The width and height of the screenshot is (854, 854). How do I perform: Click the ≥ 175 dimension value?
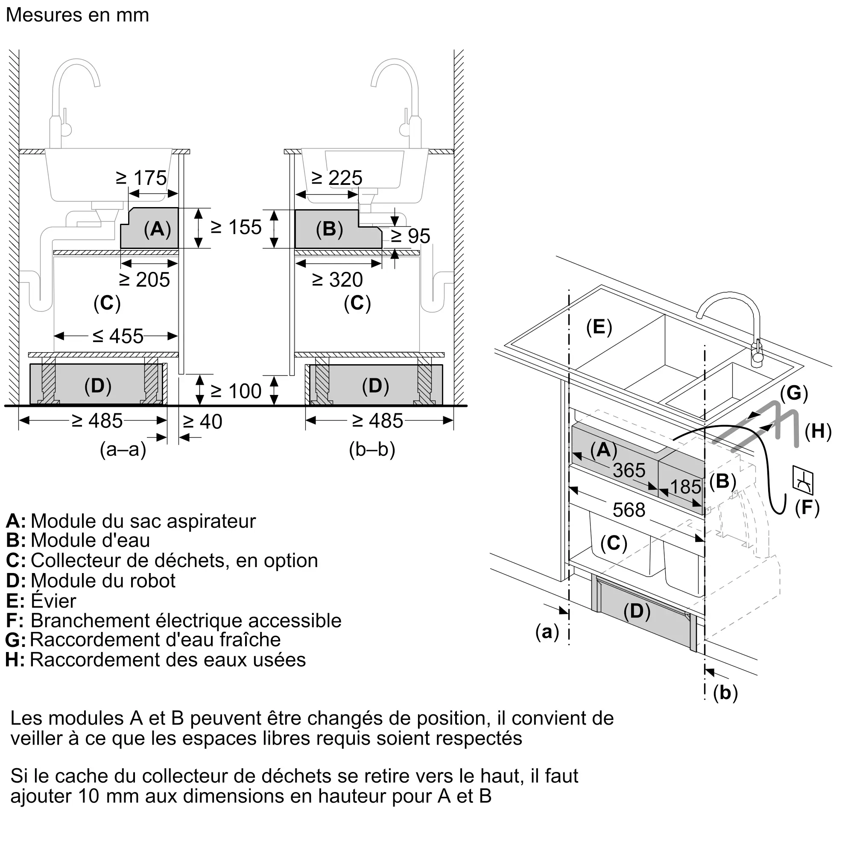pyautogui.click(x=141, y=178)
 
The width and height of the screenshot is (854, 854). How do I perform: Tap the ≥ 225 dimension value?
pyautogui.click(x=337, y=178)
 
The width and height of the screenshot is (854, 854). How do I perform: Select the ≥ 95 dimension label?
pyautogui.click(x=411, y=236)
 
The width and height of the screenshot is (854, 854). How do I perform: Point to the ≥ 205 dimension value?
pyautogui.click(x=145, y=280)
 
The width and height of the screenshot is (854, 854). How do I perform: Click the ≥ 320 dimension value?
pyautogui.click(x=337, y=280)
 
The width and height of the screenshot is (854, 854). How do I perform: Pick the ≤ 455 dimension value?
pyautogui.click(x=118, y=336)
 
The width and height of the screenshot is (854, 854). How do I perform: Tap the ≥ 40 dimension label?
pyautogui.click(x=202, y=422)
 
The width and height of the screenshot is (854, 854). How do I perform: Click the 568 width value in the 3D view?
pyautogui.click(x=629, y=510)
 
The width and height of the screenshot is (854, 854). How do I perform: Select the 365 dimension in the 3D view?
pyautogui.click(x=629, y=470)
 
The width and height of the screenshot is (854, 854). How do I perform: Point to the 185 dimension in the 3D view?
pyautogui.click(x=686, y=487)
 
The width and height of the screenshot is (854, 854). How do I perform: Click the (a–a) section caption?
pyautogui.click(x=123, y=450)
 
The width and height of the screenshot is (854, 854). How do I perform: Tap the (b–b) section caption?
pyautogui.click(x=372, y=450)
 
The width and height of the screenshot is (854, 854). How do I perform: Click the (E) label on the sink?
pyautogui.click(x=599, y=327)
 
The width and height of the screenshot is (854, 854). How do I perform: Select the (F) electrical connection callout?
pyautogui.click(x=807, y=507)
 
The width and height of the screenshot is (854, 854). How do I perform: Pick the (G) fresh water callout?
pyautogui.click(x=794, y=393)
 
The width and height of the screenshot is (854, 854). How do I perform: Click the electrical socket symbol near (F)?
pyautogui.click(x=803, y=480)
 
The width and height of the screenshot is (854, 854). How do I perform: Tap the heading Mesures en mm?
pyautogui.click(x=77, y=15)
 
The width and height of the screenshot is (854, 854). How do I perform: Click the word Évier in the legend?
pyautogui.click(x=53, y=601)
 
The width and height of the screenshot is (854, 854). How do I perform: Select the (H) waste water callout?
pyautogui.click(x=818, y=431)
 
